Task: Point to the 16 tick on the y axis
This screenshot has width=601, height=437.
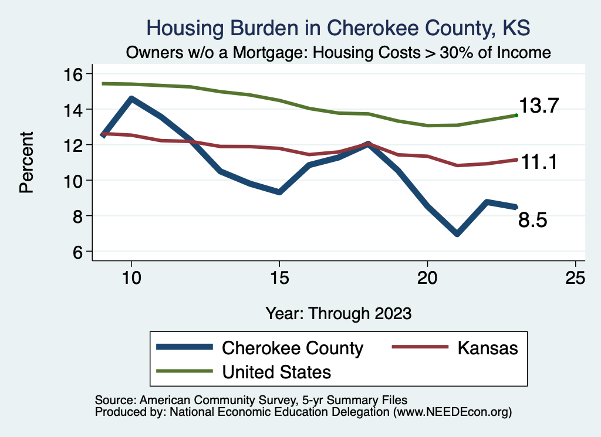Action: coord(75,74)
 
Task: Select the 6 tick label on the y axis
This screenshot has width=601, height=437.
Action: coord(75,252)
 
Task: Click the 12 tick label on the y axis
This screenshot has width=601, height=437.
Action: coord(75,145)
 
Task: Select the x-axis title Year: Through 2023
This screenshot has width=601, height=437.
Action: coord(338,313)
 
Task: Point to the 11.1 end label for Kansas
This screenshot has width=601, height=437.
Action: coord(538,162)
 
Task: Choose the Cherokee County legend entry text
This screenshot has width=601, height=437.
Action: coord(292,348)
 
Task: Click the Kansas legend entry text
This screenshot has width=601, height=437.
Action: coord(488,348)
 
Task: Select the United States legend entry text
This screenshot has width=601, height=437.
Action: coord(276,371)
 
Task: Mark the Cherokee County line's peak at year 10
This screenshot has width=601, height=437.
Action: coord(131,99)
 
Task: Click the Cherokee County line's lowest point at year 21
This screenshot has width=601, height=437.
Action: coord(457,233)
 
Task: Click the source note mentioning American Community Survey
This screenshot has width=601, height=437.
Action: coord(251,399)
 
